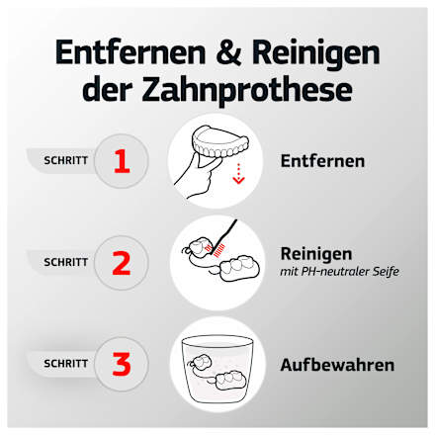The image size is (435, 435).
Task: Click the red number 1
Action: coord(121,160)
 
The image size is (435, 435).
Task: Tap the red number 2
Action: coord(121,262)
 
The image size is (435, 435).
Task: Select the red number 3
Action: coord(121,363)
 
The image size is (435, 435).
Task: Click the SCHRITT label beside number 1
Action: coord(66,160)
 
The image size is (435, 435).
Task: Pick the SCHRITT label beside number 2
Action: coord(66,262)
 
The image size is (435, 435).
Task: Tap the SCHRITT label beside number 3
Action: coord(66,363)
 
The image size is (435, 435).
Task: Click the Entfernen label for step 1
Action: coord(322,160)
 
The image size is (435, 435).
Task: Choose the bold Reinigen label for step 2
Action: coord(316,253)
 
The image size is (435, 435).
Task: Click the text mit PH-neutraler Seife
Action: coord(340,272)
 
